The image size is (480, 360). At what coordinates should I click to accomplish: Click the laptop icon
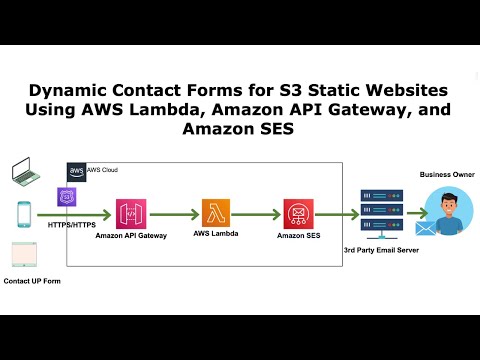(24, 171)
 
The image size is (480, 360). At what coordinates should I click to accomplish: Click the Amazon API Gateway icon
(131, 213)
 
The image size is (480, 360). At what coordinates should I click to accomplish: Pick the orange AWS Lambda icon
(217, 213)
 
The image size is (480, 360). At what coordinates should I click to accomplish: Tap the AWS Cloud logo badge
(76, 170)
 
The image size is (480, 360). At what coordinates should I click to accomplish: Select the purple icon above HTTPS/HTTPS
(68, 197)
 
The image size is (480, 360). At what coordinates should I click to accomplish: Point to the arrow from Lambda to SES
(256, 214)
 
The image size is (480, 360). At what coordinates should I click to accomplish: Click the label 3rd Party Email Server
(381, 248)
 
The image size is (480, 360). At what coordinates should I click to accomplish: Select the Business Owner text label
(447, 174)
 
